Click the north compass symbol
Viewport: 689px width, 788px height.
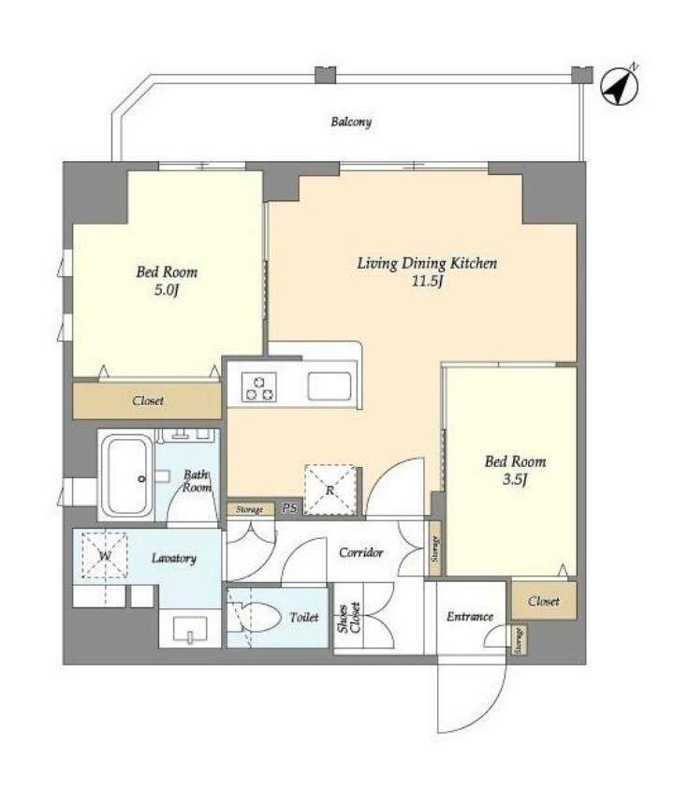(x=620, y=85)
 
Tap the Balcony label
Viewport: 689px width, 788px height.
(x=351, y=122)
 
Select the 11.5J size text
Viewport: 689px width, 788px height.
(x=427, y=282)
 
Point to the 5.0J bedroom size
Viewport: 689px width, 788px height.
(x=167, y=290)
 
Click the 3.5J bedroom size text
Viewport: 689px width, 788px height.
(x=515, y=480)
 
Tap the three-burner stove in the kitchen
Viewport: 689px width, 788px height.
(x=258, y=387)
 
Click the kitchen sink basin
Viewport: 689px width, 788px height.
(x=330, y=387)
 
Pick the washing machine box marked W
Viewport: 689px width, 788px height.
(x=105, y=555)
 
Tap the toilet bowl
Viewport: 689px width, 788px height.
(x=256, y=617)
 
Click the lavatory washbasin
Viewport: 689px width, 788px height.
(x=190, y=629)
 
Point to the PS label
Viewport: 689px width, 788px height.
(x=289, y=508)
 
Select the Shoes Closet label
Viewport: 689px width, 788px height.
(x=349, y=618)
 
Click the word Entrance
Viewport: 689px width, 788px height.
(x=470, y=617)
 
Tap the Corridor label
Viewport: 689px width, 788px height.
(x=360, y=553)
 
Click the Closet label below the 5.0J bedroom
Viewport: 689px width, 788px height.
(x=148, y=401)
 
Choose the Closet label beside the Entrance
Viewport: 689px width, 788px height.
(x=543, y=601)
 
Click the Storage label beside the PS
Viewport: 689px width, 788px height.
(x=250, y=510)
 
